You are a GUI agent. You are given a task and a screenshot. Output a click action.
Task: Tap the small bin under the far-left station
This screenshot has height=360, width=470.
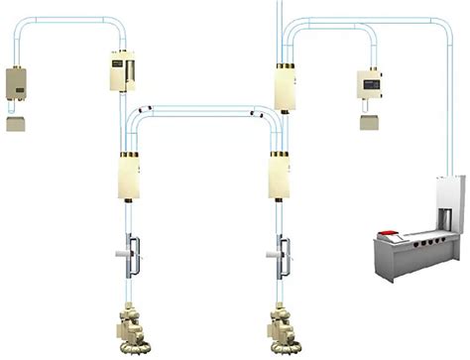tap(16, 124)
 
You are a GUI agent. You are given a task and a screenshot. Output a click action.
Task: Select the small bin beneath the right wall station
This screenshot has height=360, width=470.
tap(371, 122)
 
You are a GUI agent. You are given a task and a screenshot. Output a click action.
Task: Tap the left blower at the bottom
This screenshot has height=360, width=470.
tap(131, 326)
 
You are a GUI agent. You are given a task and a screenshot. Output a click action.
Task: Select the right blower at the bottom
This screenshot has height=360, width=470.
tap(285, 326)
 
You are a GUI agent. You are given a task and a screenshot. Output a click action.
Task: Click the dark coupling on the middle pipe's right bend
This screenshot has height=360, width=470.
tap(252, 116)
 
